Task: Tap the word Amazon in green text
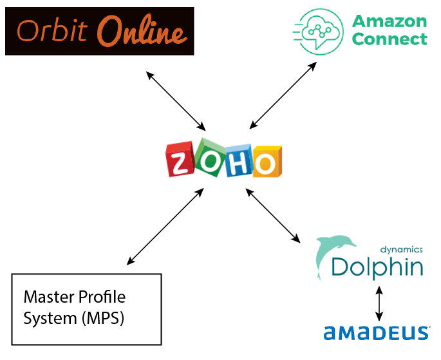tap(389, 21)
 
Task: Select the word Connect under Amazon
tap(389, 39)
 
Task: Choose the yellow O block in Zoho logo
tap(266, 162)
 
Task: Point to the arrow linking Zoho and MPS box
tap(165, 227)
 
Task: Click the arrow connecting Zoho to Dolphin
tap(274, 216)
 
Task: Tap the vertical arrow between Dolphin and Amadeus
tap(379, 303)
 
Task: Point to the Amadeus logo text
tap(377, 332)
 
